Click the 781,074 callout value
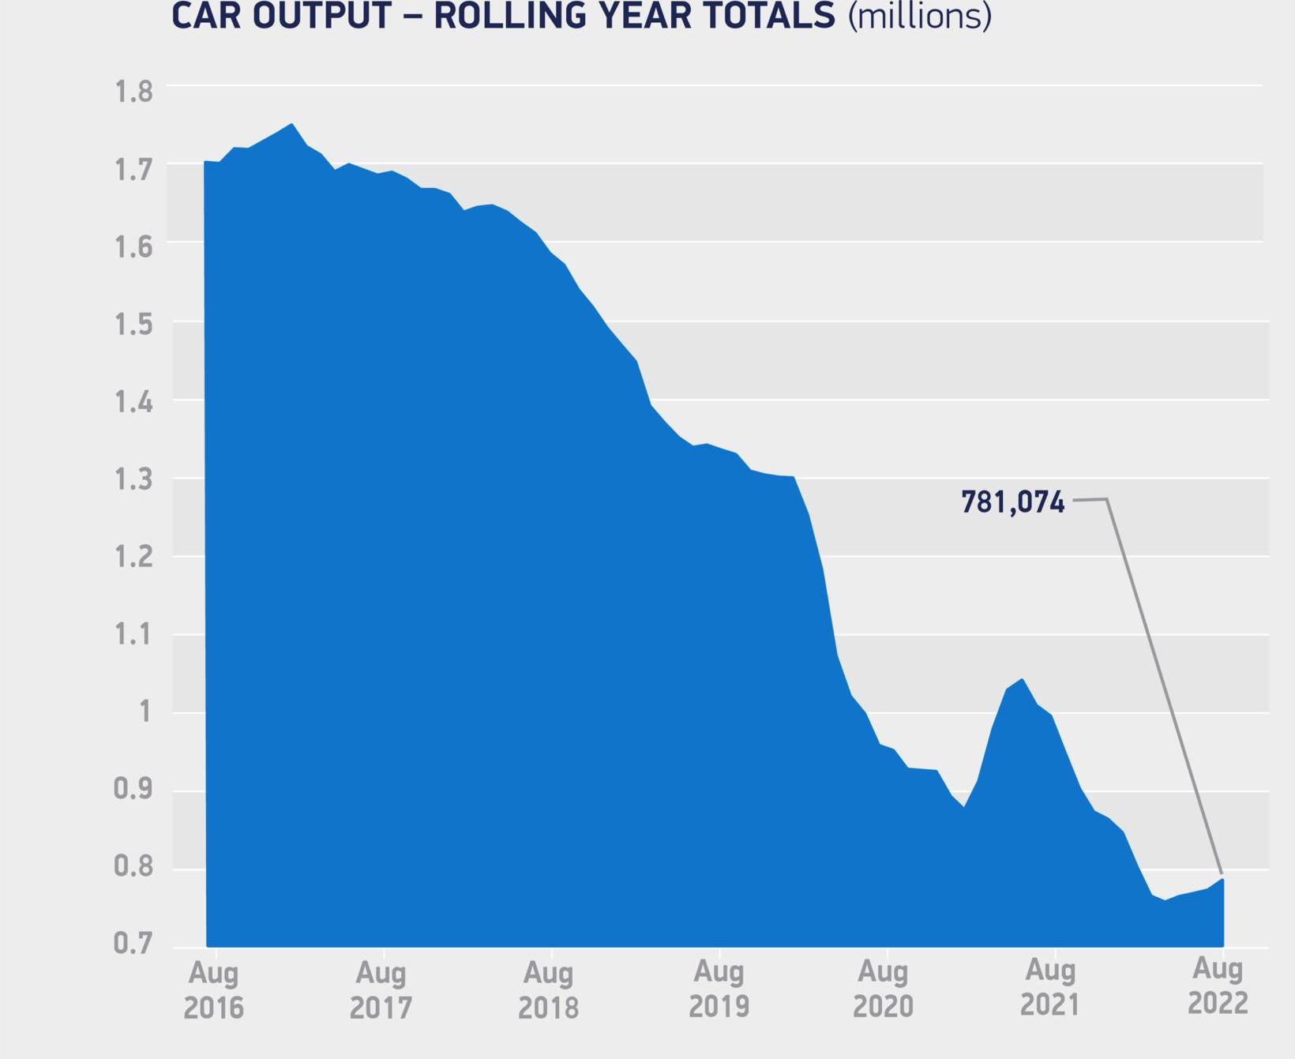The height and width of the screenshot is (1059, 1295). click(x=1012, y=502)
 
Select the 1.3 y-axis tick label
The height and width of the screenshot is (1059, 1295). click(x=133, y=480)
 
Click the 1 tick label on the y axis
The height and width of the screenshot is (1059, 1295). click(x=144, y=712)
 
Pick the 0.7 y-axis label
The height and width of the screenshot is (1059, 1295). click(x=133, y=944)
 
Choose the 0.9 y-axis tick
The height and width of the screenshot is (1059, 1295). click(x=133, y=789)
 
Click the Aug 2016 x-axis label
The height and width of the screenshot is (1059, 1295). click(x=213, y=990)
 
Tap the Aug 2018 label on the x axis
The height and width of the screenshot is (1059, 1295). click(x=548, y=990)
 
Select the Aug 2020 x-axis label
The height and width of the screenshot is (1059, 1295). click(x=884, y=989)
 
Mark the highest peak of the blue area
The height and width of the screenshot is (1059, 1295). click(x=292, y=124)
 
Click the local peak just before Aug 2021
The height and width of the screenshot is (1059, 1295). click(x=1023, y=679)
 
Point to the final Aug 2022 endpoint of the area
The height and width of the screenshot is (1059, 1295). click(x=1222, y=879)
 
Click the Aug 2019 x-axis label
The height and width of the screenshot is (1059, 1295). click(x=719, y=990)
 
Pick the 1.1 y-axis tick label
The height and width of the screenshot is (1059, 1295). click(x=133, y=635)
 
